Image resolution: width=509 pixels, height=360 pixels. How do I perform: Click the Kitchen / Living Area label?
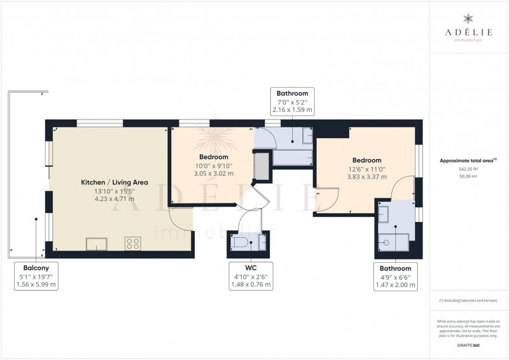(115, 183)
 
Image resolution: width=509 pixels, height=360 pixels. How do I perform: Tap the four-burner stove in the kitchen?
(133, 244)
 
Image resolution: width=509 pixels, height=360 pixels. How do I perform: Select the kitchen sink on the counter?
(97, 244)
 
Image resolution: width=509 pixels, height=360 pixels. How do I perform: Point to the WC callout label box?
(251, 276)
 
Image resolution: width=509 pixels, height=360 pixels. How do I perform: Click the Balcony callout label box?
(36, 276)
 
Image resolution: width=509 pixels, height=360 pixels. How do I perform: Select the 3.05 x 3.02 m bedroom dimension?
(214, 174)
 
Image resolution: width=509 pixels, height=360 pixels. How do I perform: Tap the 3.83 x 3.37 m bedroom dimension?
(367, 177)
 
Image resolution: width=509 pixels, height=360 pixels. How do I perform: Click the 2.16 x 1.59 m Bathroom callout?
(292, 102)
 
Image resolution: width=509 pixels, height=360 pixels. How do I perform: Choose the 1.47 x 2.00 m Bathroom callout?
(395, 277)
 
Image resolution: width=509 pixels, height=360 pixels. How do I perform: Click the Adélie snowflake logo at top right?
(468, 18)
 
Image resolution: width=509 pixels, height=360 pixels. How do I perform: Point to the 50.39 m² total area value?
(468, 177)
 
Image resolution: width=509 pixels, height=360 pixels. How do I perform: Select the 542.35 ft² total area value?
(468, 169)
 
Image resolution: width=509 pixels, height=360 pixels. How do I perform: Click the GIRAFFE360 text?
(468, 345)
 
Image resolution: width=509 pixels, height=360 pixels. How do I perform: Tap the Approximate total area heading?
(468, 160)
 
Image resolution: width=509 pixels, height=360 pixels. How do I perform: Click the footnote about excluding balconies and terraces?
(468, 301)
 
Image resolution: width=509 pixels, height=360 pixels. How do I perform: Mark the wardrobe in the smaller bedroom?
(261, 166)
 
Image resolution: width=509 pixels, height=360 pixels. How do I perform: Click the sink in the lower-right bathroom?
(384, 214)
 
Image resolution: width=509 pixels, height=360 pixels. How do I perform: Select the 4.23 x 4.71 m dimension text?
(115, 199)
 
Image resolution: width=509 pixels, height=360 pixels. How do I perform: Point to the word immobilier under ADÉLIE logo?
(468, 40)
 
